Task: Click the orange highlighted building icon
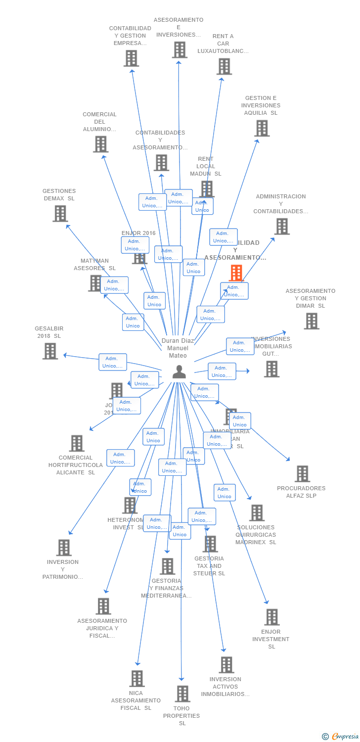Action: [236, 273]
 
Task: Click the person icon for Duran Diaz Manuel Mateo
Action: [179, 372]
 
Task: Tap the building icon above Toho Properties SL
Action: [182, 694]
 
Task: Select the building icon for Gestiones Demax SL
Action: [60, 213]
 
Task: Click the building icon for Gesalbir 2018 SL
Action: [50, 351]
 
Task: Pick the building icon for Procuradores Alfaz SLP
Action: [302, 473]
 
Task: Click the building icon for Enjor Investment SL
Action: [271, 617]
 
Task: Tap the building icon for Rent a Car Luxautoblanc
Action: [224, 66]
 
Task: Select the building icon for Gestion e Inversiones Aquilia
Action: [262, 128]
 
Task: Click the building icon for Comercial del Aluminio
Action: [100, 144]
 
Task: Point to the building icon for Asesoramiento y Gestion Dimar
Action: [311, 321]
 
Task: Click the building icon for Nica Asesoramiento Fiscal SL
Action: [137, 678]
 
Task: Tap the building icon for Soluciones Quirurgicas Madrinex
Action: [257, 512]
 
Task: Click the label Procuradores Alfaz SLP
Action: [301, 492]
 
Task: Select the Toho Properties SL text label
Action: [181, 716]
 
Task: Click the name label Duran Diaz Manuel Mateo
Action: [178, 348]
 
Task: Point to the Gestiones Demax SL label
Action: [59, 194]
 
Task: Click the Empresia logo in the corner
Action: [340, 737]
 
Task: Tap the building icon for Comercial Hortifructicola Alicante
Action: [77, 443]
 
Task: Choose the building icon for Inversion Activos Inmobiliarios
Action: [226, 665]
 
